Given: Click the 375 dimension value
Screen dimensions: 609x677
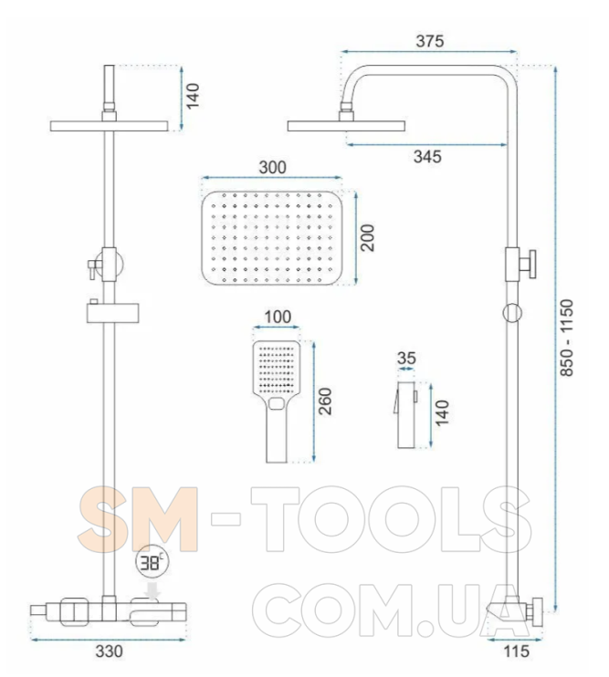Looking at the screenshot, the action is click(430, 41).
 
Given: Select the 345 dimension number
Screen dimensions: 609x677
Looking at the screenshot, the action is click(427, 156).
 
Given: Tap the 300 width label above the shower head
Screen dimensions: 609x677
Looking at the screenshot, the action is click(272, 167).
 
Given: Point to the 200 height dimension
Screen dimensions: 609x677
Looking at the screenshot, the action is click(368, 238).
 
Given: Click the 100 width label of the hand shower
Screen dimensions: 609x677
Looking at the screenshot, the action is click(278, 317).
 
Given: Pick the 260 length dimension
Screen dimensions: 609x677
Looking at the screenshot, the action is click(325, 401).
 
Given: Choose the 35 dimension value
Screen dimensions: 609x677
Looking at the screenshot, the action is click(406, 358).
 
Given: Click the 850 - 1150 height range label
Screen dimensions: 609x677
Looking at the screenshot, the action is click(567, 338).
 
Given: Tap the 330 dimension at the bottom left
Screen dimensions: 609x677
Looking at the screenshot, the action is click(109, 651).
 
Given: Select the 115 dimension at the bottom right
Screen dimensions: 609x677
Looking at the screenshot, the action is click(517, 651).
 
